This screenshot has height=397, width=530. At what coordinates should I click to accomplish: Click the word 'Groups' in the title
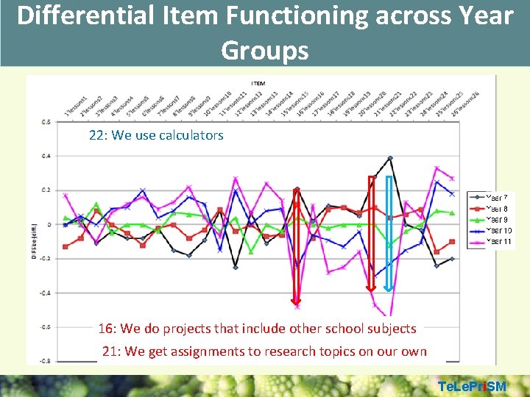click(x=264, y=50)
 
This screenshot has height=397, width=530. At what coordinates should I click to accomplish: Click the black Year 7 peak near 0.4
click(x=389, y=158)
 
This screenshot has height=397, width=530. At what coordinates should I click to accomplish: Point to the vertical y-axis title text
click(x=32, y=226)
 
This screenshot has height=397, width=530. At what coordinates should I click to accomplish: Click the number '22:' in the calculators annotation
click(x=98, y=135)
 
